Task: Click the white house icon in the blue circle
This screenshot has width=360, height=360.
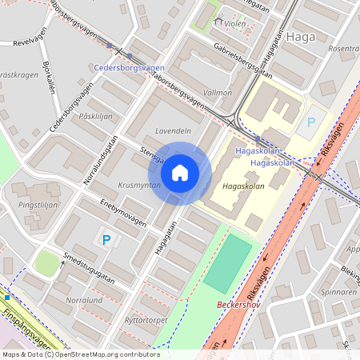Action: pos(179,172)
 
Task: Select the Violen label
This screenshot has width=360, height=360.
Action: pos(234,23)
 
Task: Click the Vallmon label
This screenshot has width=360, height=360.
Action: pos(218,93)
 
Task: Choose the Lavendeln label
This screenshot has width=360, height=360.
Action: pos(173,130)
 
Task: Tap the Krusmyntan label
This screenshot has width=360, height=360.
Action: pos(140,185)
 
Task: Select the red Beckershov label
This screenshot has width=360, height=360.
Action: pos(240,305)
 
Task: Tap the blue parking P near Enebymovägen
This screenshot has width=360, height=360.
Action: pos(106,239)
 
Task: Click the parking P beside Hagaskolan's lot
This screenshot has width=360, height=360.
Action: pos(311,123)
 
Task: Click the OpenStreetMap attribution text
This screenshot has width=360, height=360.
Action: pos(80,354)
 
